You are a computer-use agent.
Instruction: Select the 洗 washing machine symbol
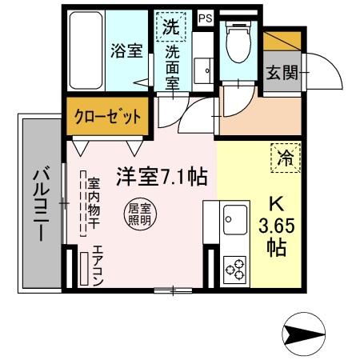(x=170, y=26)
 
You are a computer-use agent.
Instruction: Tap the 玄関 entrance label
(x=282, y=71)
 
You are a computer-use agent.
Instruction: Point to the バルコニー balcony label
(x=41, y=204)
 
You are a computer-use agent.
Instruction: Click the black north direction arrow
(x=306, y=331)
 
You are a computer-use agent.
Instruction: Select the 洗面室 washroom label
(x=173, y=66)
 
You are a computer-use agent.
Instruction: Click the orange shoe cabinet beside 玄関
(x=282, y=42)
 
